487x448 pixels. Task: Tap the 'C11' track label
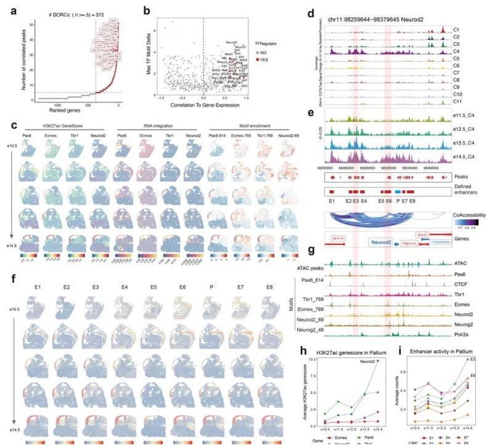(x=458, y=101)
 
